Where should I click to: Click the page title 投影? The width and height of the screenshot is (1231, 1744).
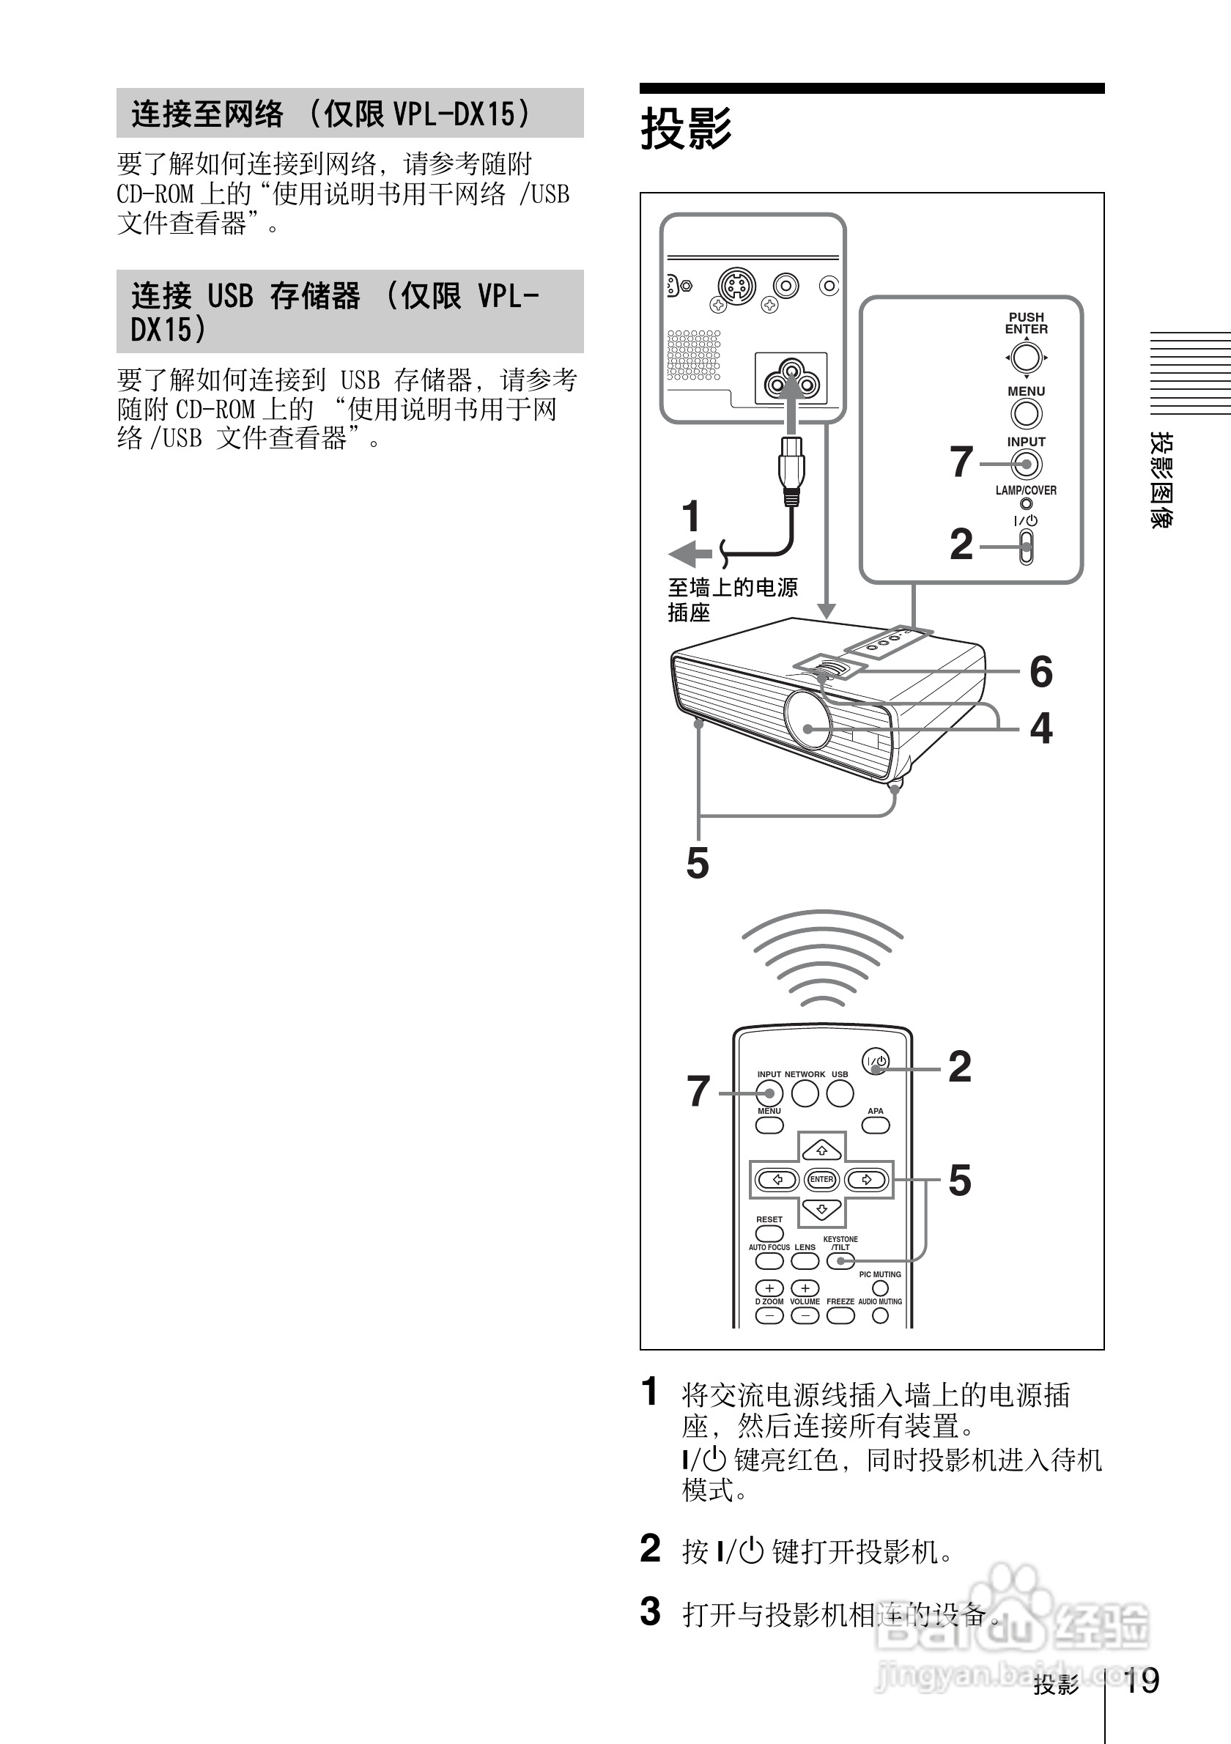[686, 128]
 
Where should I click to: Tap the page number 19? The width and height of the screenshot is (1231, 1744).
[1141, 1680]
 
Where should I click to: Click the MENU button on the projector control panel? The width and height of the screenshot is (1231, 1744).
[1026, 414]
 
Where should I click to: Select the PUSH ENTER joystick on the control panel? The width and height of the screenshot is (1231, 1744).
[1026, 357]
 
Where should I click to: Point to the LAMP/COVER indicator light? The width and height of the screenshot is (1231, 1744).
[1026, 503]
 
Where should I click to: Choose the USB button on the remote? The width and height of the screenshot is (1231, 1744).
[840, 1094]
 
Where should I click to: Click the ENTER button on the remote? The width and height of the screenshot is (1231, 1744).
[821, 1180]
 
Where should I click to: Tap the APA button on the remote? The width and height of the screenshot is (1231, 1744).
[876, 1125]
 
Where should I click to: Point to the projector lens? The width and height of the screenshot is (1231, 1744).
[808, 720]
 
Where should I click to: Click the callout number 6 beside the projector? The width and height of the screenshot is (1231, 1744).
[1040, 671]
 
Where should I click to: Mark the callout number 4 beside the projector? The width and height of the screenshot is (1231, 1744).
[1040, 728]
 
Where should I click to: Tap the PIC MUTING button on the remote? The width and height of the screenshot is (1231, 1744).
[880, 1288]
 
